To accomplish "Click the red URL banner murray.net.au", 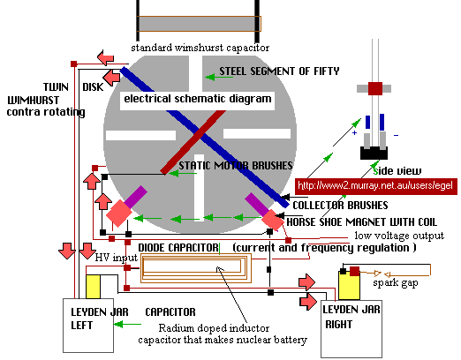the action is tap(376, 186).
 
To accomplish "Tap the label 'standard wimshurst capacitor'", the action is tap(200, 48).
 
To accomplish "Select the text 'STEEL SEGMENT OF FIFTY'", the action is tap(279, 71).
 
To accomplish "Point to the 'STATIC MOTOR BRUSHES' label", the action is tap(236, 166).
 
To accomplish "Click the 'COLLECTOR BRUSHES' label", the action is tap(340, 206).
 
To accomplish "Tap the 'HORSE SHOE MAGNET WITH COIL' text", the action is tap(361, 221).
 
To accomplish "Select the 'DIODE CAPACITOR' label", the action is tap(178, 248).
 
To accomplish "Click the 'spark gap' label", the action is tap(396, 283).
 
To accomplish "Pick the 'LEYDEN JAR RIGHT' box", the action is tap(351, 329).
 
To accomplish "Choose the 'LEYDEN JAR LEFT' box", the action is tap(88, 326).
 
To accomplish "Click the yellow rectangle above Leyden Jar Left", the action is tap(93, 287).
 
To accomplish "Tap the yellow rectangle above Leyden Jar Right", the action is tap(349, 286).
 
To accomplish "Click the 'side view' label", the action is tap(397, 171).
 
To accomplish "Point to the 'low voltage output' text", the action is tap(399, 236).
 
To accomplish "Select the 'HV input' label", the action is tap(117, 258).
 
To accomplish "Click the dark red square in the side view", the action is tap(375, 88).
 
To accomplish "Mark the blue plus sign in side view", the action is tap(355, 133).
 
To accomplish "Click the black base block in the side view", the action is tap(374, 153).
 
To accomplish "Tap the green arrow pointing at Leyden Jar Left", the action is tap(127, 325).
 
